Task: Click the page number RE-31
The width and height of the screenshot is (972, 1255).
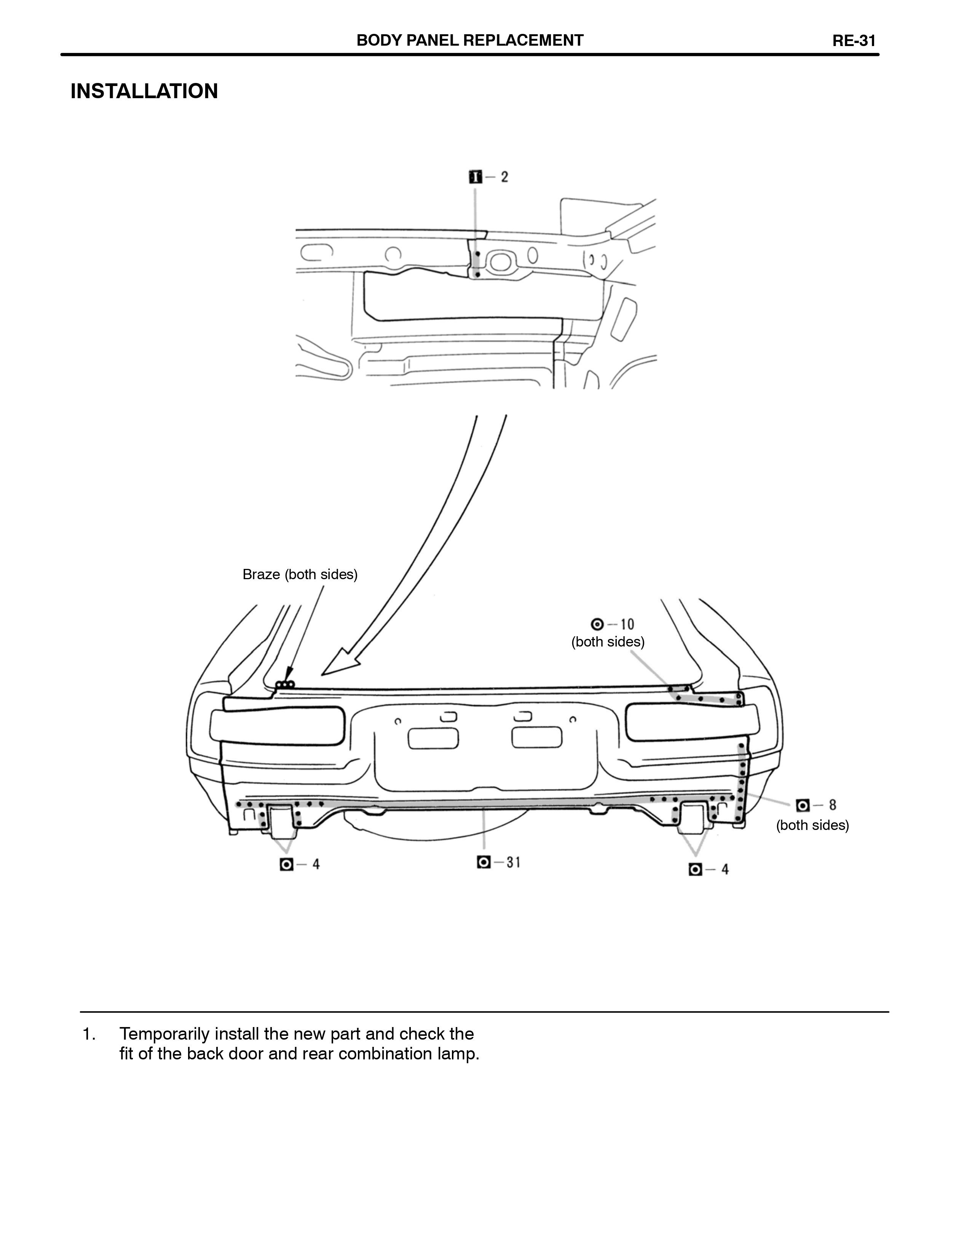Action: [854, 41]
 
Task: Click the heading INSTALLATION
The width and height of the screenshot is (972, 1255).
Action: [144, 91]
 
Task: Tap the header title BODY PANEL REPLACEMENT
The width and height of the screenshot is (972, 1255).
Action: [469, 40]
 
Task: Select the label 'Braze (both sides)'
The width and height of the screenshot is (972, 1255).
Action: [300, 574]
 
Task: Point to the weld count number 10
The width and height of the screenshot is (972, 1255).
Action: [627, 624]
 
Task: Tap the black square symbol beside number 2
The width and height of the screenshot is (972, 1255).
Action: [475, 177]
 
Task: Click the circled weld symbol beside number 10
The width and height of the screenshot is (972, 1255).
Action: [597, 624]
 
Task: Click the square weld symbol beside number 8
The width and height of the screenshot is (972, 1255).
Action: [803, 805]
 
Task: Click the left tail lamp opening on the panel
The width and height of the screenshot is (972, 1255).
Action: [278, 725]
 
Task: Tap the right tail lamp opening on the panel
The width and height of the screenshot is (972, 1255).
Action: [692, 723]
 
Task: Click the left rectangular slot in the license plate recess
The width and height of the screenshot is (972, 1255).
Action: [433, 738]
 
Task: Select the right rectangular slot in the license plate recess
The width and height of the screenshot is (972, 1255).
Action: [537, 737]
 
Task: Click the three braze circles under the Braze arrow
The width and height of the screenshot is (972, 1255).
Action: [285, 684]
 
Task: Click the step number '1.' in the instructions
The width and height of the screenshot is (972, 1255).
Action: [89, 1034]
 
